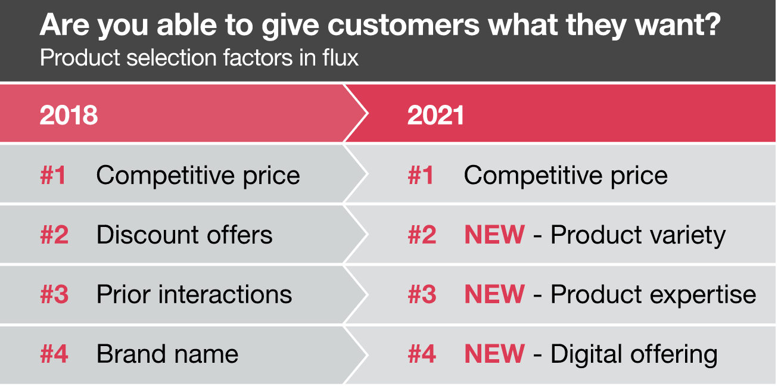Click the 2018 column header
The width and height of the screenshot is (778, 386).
(x=69, y=115)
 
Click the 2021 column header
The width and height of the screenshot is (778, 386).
(x=435, y=115)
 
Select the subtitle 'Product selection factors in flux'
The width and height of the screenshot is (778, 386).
(x=199, y=57)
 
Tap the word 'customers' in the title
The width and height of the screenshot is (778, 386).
(x=403, y=26)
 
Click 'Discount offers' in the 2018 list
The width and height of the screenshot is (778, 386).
(x=185, y=235)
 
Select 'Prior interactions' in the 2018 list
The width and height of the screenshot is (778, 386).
(x=194, y=295)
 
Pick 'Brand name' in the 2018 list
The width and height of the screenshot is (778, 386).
(x=167, y=354)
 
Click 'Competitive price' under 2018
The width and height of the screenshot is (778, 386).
(x=198, y=176)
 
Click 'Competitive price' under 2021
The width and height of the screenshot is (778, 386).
(x=565, y=176)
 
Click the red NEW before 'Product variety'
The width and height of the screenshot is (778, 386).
(x=494, y=235)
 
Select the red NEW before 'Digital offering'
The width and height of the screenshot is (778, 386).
(x=494, y=354)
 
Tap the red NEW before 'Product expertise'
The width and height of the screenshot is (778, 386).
(x=494, y=294)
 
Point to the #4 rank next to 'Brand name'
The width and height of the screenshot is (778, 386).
(x=54, y=354)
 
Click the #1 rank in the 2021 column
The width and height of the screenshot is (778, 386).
(x=421, y=175)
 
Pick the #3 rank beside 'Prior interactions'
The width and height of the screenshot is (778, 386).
(x=54, y=294)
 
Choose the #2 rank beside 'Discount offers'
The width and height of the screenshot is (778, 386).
(x=54, y=235)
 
